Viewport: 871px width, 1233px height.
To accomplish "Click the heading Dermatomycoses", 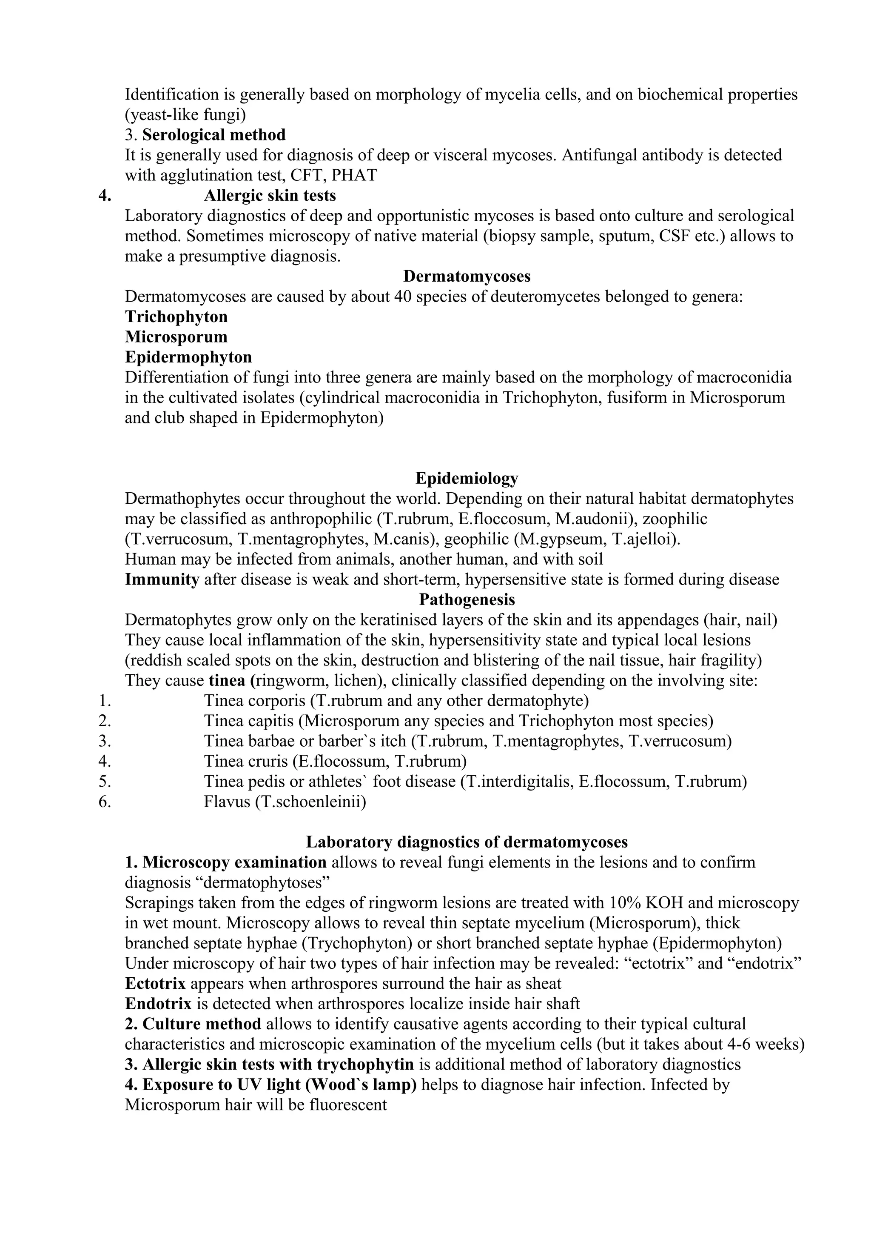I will pyautogui.click(x=467, y=276).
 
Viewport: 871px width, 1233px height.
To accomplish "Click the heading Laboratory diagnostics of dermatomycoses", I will pyautogui.click(x=467, y=842).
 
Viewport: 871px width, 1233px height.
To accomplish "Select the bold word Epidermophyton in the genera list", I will pyautogui.click(x=188, y=357).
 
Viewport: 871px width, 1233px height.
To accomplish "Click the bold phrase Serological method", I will pyautogui.click(x=213, y=135).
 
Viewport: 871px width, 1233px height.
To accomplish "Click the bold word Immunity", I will pyautogui.click(x=162, y=579).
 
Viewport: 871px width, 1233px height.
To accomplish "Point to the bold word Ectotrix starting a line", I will pyautogui.click(x=155, y=983).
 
